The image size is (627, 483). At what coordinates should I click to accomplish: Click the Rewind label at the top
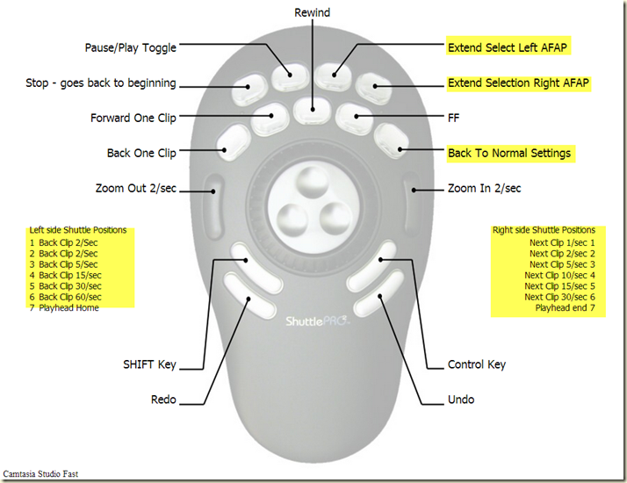[313, 12]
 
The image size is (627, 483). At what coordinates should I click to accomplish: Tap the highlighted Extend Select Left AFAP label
[510, 47]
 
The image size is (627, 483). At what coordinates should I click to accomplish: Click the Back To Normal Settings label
[509, 153]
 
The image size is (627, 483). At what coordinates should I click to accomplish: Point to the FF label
[453, 116]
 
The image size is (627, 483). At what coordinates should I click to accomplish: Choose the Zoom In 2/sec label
[484, 188]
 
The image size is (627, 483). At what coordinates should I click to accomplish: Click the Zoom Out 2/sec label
[135, 188]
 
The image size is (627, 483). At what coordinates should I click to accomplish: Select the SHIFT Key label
[150, 364]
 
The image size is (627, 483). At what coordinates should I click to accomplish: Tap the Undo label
[460, 400]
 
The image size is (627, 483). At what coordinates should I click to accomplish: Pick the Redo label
[163, 400]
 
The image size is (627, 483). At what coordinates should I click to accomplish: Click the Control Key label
[476, 364]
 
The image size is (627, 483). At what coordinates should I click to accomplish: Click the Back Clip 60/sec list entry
[68, 297]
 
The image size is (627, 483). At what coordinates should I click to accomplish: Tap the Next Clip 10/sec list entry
[561, 275]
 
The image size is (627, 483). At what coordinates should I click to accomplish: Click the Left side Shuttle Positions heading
[77, 230]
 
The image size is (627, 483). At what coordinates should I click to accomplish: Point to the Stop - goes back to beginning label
[101, 83]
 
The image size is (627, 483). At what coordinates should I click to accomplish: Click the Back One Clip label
[141, 153]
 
